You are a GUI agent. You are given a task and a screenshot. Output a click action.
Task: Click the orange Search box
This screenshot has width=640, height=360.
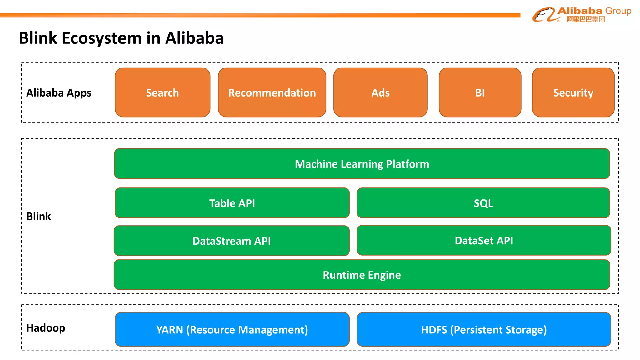162,92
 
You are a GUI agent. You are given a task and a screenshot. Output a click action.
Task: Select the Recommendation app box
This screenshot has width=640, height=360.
272,92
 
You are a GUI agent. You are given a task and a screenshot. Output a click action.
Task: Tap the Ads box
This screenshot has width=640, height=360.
380,92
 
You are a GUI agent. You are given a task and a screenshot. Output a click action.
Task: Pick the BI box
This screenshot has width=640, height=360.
480,92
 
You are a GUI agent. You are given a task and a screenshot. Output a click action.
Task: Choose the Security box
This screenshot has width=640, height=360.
573,92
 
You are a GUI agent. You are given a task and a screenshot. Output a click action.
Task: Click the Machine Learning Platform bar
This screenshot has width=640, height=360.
362,164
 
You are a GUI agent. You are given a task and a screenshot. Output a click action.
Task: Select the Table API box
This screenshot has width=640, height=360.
232,203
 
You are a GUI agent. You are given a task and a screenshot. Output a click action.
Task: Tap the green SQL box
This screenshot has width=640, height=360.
483,203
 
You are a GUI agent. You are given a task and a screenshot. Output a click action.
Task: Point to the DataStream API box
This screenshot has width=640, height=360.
232,241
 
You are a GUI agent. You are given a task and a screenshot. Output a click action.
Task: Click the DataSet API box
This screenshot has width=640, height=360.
484,241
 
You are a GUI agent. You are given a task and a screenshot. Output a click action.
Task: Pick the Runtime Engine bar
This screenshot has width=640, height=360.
362,275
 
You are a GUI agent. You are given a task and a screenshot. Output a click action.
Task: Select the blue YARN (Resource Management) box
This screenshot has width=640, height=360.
232,330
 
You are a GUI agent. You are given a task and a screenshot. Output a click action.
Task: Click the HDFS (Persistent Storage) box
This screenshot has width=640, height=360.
484,330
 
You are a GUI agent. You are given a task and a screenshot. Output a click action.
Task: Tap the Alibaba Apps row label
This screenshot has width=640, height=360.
59,93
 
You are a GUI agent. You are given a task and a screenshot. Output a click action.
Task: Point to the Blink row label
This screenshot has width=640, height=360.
38,216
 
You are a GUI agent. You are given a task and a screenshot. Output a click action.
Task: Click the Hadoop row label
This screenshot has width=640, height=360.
46,328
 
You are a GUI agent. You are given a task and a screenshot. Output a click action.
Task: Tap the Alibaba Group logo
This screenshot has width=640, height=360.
582,14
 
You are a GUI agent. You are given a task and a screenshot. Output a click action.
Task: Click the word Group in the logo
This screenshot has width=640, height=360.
618,11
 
